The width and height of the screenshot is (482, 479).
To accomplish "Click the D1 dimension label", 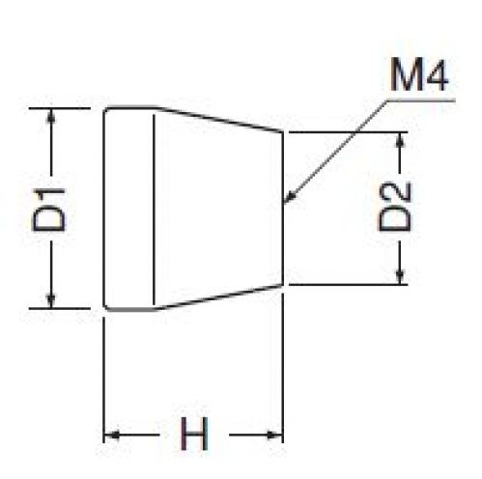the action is point(49,210).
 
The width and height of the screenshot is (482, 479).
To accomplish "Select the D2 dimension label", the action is point(394,207).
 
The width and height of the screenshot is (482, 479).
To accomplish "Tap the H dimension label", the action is point(194,434).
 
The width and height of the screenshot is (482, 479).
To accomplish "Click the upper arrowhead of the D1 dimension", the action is point(49,116).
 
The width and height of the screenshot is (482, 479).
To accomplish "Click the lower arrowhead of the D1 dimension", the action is point(50,300).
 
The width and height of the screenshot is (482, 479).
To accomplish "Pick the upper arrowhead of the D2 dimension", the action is point(400,140).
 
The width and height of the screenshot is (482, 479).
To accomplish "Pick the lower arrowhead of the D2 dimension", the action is point(400,277).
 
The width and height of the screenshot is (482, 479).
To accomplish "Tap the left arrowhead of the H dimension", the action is point(111,436).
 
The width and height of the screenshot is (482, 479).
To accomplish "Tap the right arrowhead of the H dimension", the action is point(274,436).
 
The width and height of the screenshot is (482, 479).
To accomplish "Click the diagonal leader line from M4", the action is point(335,152).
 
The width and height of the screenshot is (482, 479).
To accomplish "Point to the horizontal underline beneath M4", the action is point(420,100).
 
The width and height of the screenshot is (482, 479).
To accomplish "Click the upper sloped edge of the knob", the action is point(219,119).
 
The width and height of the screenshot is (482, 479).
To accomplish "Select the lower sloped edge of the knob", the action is point(219,297).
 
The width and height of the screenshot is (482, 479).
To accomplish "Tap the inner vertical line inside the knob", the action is point(154,210).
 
